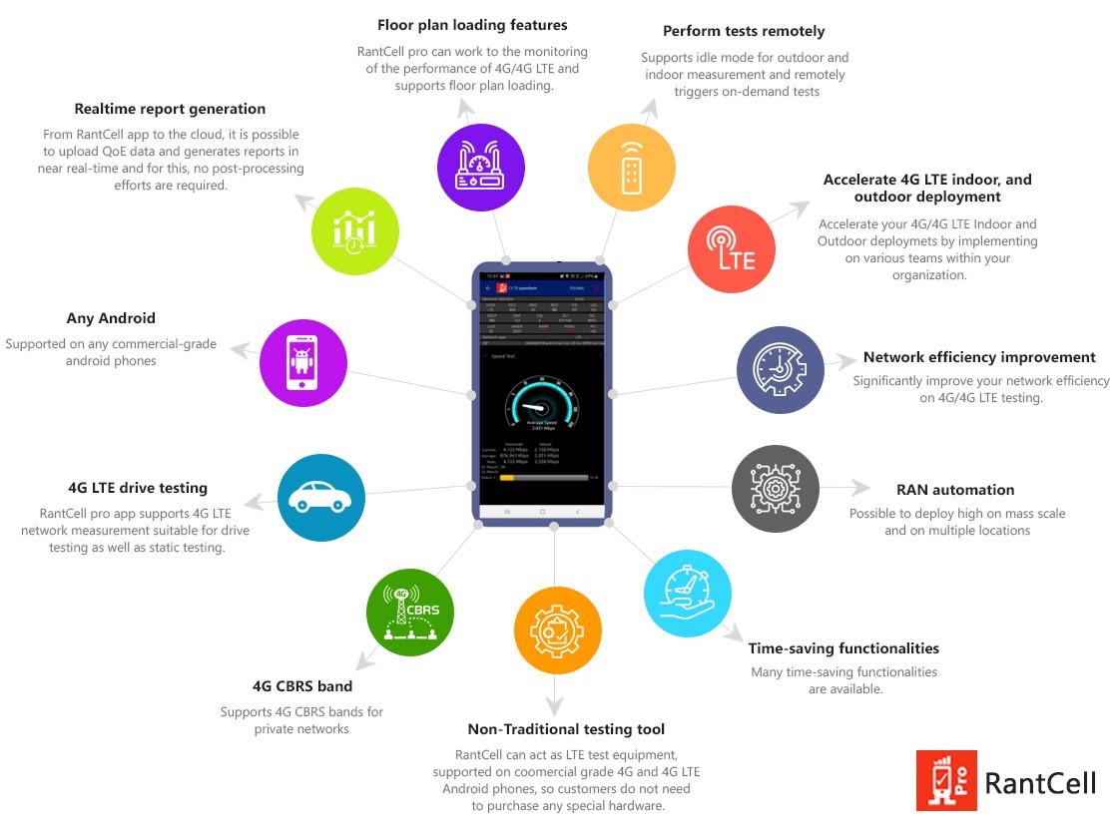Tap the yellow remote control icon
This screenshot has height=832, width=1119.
click(x=631, y=166)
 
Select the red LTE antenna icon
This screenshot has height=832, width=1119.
click(x=732, y=245)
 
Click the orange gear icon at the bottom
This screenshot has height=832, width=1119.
click(x=557, y=629)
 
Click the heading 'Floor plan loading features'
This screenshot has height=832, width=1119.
click(x=472, y=25)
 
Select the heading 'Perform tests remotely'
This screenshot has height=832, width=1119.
click(x=744, y=31)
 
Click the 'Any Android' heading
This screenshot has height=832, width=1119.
click(x=111, y=318)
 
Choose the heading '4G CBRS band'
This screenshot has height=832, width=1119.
click(x=302, y=686)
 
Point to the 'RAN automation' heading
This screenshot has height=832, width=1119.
click(x=955, y=490)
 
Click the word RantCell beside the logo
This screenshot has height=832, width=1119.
click(x=1040, y=783)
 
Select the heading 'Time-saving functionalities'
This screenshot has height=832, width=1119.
click(x=843, y=648)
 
